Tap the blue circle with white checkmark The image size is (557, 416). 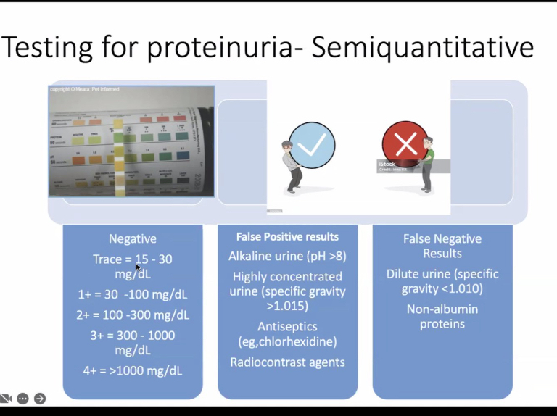click(x=312, y=146)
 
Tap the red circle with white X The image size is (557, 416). click(x=405, y=144)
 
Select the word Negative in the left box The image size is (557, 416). click(x=132, y=238)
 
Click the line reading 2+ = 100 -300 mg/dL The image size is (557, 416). click(x=132, y=315)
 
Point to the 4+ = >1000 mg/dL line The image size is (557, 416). click(x=132, y=370)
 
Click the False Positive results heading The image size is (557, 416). click(x=287, y=237)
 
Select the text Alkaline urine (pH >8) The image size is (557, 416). click(x=287, y=256)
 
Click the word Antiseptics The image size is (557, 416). click(x=287, y=326)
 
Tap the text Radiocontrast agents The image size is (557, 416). click(x=287, y=362)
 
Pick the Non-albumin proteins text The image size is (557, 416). click(x=442, y=316)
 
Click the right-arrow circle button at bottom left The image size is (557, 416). click(x=40, y=398)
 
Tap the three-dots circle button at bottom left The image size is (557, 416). click(x=23, y=398)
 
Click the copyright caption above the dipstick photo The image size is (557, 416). click(x=84, y=89)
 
